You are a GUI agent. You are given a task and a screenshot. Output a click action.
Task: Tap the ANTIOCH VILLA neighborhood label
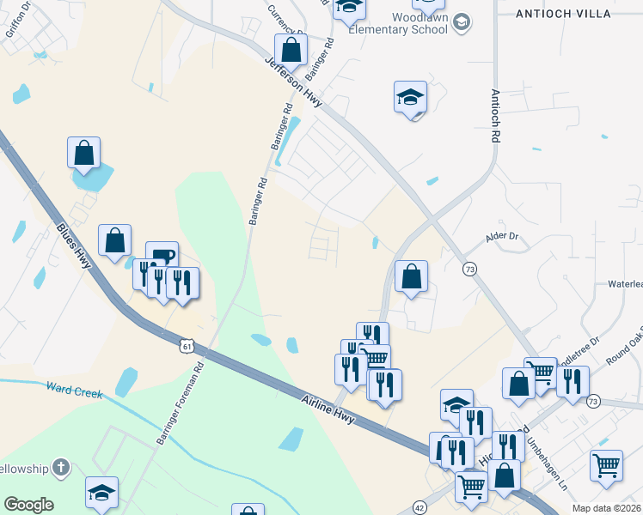[563, 14]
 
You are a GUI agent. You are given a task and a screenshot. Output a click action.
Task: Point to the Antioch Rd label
[495, 115]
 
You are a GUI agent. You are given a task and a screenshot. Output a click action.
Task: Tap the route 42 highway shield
[419, 506]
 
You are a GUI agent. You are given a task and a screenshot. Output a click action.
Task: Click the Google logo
[29, 505]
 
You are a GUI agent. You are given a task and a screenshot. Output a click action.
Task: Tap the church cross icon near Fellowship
[60, 468]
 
